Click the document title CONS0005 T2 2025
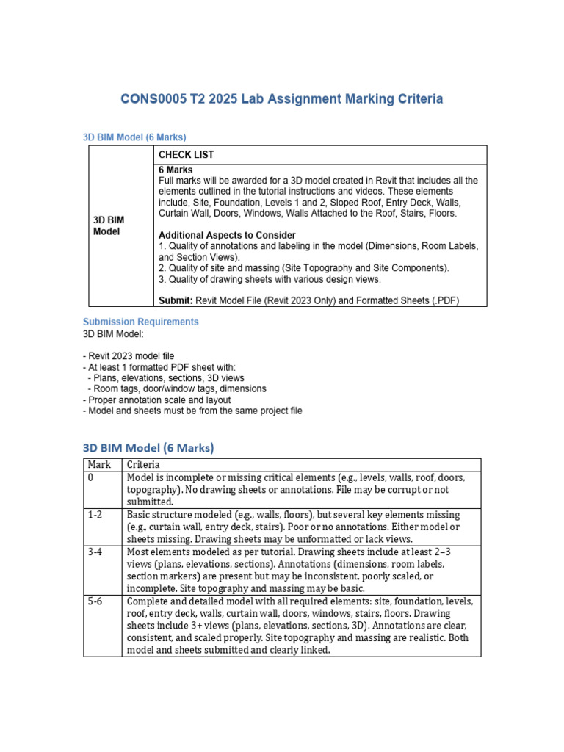[282, 98]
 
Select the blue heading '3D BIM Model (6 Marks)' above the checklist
[134, 137]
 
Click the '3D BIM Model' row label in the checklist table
[107, 225]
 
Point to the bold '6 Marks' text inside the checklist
[176, 170]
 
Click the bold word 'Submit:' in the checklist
[176, 300]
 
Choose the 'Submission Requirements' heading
[140, 322]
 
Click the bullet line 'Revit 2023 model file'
[132, 355]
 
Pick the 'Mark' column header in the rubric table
[99, 464]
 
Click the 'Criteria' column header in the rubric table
[143, 464]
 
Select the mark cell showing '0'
[90, 477]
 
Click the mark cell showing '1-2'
[95, 514]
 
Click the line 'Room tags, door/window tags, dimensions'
[176, 388]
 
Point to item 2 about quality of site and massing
[304, 268]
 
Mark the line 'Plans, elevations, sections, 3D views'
[169, 377]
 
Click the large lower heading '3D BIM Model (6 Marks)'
[148, 447]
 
